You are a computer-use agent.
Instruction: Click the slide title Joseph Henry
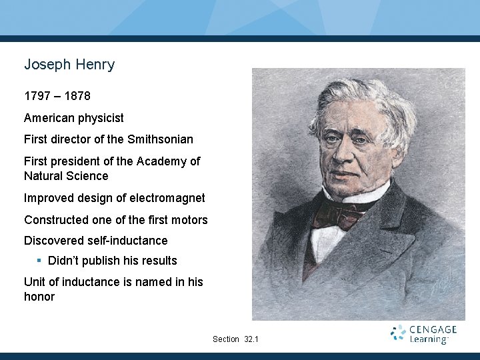point(69,65)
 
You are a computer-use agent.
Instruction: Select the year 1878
point(77,97)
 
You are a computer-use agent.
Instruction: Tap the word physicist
point(101,118)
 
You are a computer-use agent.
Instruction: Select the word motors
point(189,220)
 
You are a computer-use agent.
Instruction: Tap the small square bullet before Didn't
point(39,260)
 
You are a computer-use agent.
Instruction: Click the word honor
point(39,297)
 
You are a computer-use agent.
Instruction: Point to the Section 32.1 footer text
point(235,339)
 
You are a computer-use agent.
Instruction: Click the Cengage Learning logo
point(424,334)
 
